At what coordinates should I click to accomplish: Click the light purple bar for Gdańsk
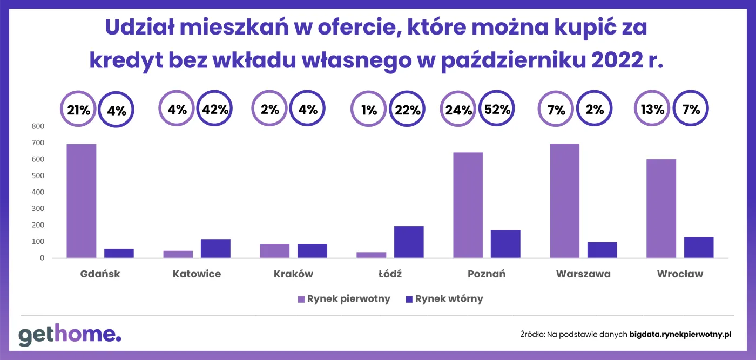coord(81,201)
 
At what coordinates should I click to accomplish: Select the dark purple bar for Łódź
coord(409,242)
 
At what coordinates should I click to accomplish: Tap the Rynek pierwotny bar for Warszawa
coord(564,201)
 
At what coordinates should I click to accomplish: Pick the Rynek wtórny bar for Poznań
coord(505,244)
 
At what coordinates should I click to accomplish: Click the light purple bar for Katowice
coord(178,254)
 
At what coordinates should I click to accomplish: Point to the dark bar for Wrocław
coord(699,247)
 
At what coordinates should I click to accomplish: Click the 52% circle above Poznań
coord(497,110)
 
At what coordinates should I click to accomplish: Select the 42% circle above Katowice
coord(215,110)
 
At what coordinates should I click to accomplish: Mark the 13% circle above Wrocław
coord(652,110)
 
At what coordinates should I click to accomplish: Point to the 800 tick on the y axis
coord(38,126)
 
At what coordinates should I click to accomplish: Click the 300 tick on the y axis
coord(38,208)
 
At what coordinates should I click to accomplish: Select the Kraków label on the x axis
coord(293,274)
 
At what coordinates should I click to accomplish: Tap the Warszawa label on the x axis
coord(583,274)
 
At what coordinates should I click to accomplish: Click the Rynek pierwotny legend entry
coord(343,299)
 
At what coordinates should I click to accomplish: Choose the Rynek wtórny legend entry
coord(444,299)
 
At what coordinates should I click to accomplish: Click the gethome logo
coord(70,335)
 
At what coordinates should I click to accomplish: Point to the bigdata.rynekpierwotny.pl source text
coord(680,335)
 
